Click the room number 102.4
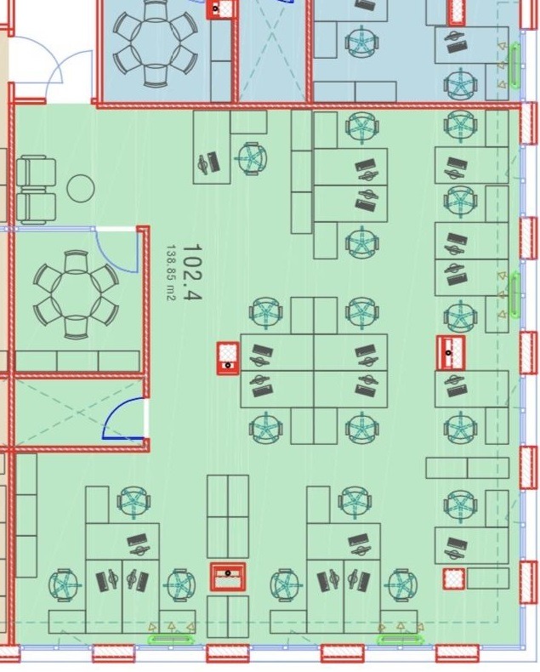click(x=192, y=272)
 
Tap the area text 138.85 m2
click(x=171, y=272)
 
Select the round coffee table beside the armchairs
click(x=81, y=189)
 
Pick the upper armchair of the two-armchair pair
click(x=37, y=173)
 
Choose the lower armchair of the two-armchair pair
click(x=37, y=208)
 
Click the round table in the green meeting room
click(x=76, y=295)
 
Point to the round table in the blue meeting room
click(x=155, y=43)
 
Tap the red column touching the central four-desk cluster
click(x=228, y=358)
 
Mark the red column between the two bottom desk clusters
click(x=228, y=577)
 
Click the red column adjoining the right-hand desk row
click(x=451, y=353)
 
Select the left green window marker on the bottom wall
click(x=170, y=640)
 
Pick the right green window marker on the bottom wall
click(x=401, y=640)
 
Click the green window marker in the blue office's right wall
click(x=514, y=65)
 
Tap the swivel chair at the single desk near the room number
click(x=253, y=158)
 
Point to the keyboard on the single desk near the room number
click(x=212, y=161)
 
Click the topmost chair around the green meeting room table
click(x=76, y=262)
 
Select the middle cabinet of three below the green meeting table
click(x=77, y=361)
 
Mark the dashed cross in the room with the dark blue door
click(x=79, y=413)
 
